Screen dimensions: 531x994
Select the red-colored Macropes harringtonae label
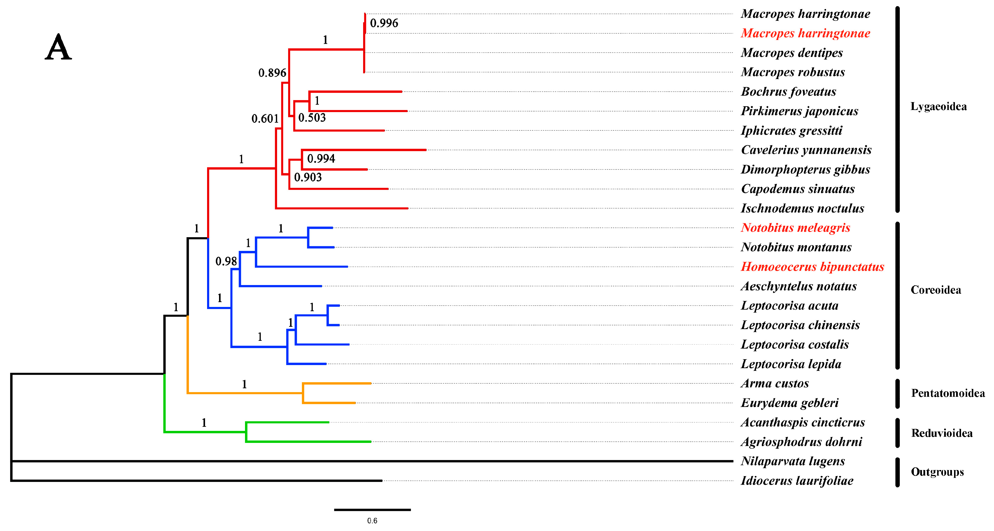click(x=805, y=33)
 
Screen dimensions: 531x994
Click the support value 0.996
click(x=384, y=23)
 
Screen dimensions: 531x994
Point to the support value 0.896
click(x=272, y=73)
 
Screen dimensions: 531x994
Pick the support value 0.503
click(x=312, y=118)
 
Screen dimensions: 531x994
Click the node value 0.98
click(x=226, y=262)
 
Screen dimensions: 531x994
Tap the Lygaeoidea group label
click(x=938, y=106)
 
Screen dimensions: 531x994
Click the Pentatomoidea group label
click(x=947, y=393)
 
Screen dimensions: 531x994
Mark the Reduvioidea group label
click(x=941, y=433)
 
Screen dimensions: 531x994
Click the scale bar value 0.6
click(x=372, y=520)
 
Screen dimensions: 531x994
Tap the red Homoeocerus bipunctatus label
click(x=812, y=267)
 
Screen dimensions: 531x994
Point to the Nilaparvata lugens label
click(x=792, y=461)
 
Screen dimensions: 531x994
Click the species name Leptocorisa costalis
click(x=794, y=345)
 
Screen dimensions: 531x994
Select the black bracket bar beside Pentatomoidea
click(x=897, y=394)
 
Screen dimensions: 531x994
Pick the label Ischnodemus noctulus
click(x=802, y=208)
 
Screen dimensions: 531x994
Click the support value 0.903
click(x=307, y=177)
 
